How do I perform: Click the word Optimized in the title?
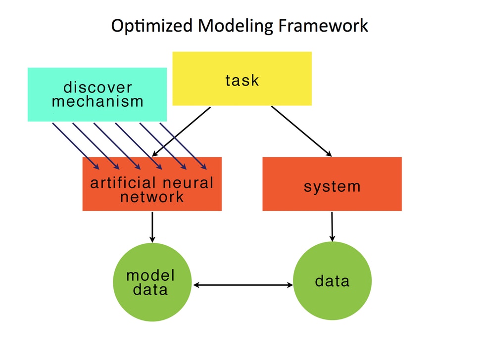click(151, 26)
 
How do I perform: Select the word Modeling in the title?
click(235, 26)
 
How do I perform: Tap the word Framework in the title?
click(323, 25)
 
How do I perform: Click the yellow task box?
click(242, 79)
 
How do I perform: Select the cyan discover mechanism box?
click(97, 94)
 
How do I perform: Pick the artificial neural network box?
click(152, 184)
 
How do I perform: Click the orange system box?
click(332, 184)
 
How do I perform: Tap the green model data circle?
click(152, 282)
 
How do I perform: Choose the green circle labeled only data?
click(332, 281)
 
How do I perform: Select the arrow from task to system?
click(301, 132)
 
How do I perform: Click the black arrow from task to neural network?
click(181, 132)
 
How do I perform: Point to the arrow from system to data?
click(332, 226)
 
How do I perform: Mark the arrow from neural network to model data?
click(152, 227)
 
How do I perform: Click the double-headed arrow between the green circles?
click(243, 285)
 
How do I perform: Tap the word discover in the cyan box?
click(97, 87)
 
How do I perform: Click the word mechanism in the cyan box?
click(97, 101)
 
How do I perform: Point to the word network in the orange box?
click(152, 197)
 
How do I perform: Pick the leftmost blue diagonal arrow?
click(76, 146)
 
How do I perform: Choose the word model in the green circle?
click(150, 275)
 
